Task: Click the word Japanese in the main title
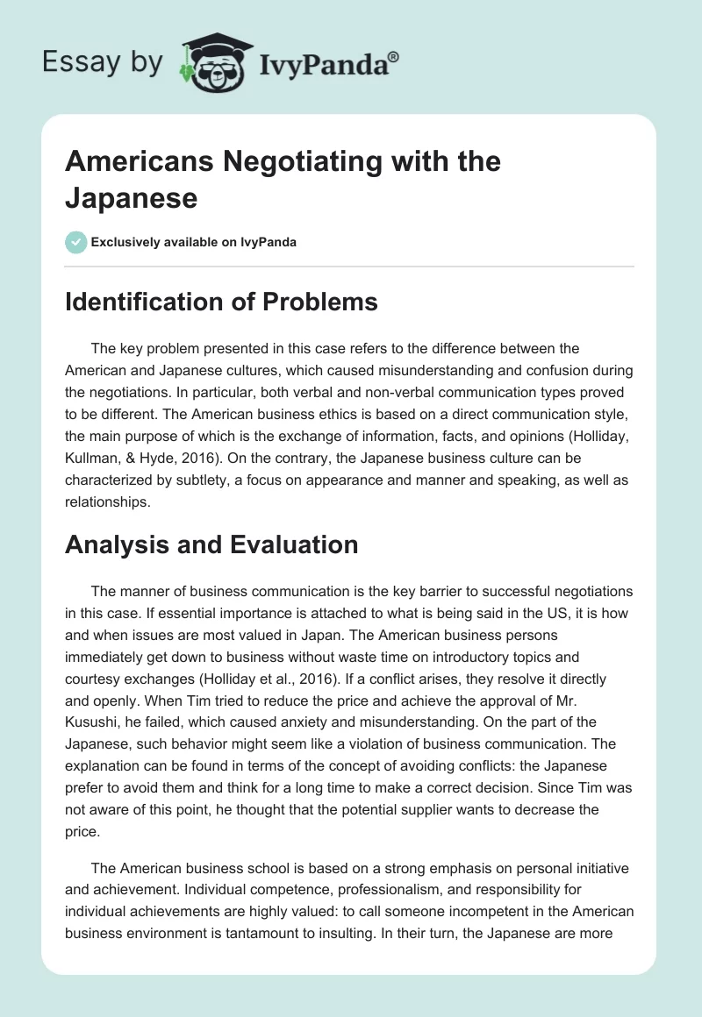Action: coord(131,198)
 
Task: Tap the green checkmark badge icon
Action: coord(76,242)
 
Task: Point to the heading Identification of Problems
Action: coord(221,302)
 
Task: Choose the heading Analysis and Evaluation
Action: coord(211,544)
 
